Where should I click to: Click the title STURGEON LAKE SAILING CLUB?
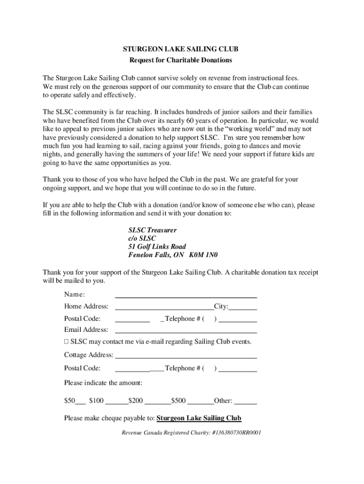point(181,49)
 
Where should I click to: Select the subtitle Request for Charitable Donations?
point(181,60)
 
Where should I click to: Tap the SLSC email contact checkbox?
point(67,342)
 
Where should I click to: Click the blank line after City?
point(243,308)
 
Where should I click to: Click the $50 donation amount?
point(69,401)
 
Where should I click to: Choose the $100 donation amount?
point(96,401)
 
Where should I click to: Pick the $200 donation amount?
point(135,401)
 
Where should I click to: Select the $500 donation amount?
point(178,401)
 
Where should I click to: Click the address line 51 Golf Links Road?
point(157,247)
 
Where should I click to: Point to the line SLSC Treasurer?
point(153,230)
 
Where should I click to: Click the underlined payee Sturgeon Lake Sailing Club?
point(199,418)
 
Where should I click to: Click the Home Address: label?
point(86,306)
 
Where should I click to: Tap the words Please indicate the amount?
point(103,382)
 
